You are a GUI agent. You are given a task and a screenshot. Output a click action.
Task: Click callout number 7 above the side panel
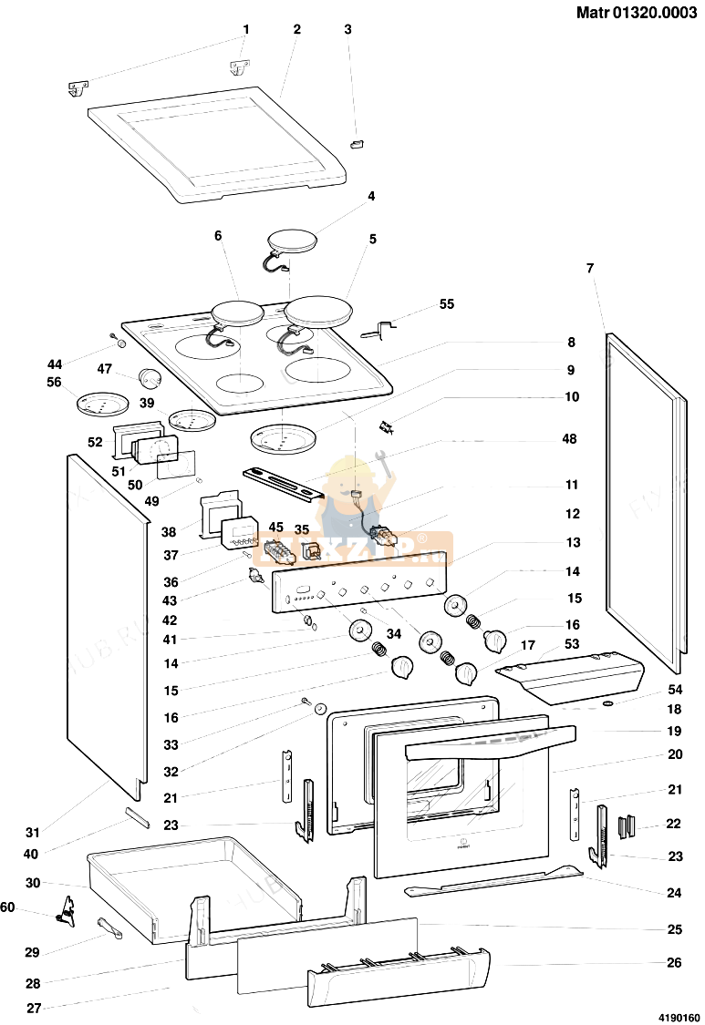590,268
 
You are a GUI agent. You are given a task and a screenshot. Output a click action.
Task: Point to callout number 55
446,303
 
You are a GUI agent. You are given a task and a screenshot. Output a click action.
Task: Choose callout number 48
570,439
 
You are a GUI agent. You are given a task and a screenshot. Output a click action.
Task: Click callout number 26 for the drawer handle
674,962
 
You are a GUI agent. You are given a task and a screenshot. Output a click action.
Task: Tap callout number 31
33,832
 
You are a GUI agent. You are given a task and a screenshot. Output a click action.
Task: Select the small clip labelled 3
357,143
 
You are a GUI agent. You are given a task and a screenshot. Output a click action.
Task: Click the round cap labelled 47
149,377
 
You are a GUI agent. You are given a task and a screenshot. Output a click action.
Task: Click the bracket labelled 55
381,327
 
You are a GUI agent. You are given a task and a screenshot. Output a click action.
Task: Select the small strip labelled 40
136,815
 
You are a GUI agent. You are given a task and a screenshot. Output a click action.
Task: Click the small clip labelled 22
627,826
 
